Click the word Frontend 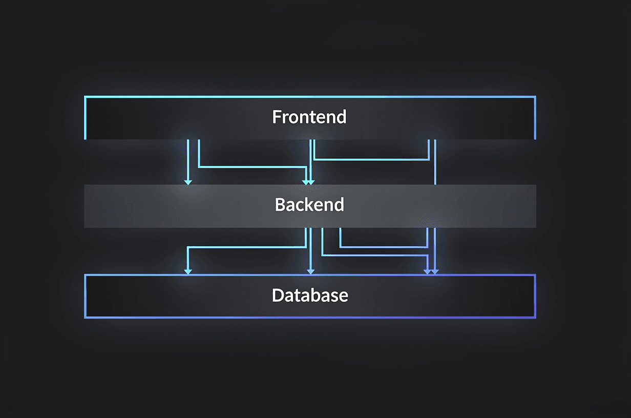tap(309, 117)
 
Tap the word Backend tap(309, 205)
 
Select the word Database tap(310, 296)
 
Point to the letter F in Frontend tap(277, 117)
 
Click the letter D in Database tap(278, 296)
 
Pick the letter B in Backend tap(280, 205)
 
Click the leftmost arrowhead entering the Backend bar tap(188, 181)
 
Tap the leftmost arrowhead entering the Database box tap(188, 271)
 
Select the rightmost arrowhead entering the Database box tap(435, 271)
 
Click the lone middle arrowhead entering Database tap(310, 271)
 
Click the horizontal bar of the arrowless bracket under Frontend tap(371, 159)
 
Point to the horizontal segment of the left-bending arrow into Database tap(246, 248)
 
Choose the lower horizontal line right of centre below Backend tap(374, 255)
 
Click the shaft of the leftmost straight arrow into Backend tap(188, 159)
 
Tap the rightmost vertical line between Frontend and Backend tap(435, 161)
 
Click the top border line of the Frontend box tap(309, 96)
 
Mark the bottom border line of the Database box tap(309, 318)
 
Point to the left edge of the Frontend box tap(85, 117)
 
